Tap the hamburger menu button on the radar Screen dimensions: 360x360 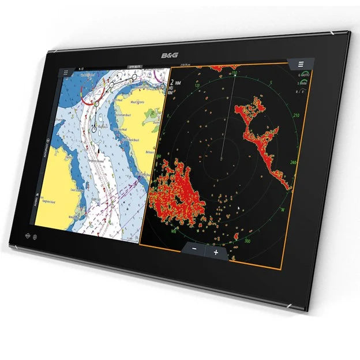point(301,64)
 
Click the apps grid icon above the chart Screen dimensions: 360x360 point(66,74)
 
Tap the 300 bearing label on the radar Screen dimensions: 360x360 point(248,240)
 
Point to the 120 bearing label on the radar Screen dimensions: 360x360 point(198,87)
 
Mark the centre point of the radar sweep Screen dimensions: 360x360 point(222,156)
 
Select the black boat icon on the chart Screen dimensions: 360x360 point(99,151)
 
